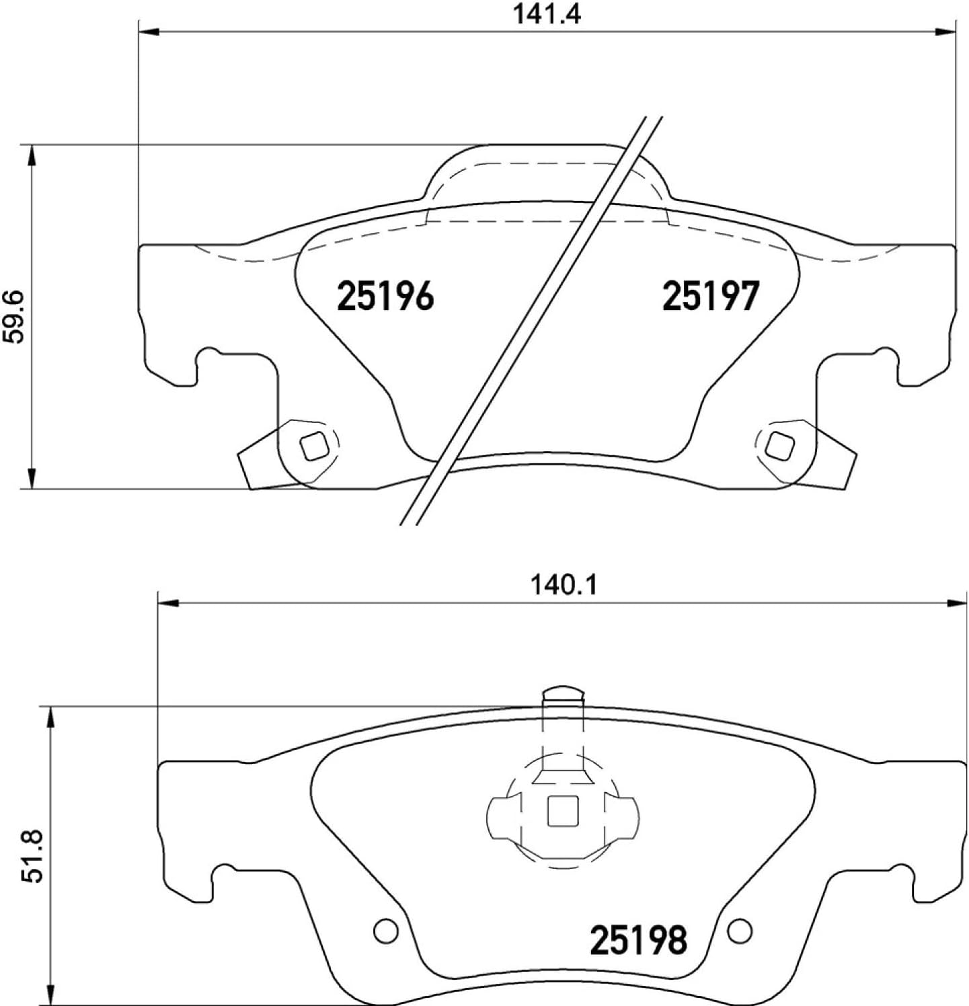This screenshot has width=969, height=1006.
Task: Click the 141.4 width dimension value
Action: (x=546, y=14)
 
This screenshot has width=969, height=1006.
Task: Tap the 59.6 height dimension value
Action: (x=14, y=316)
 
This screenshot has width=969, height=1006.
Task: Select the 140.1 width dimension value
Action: (x=564, y=585)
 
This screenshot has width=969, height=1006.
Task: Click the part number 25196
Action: (x=385, y=297)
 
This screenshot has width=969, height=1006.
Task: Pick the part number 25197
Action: (x=711, y=297)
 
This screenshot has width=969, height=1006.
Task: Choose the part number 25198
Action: (x=638, y=940)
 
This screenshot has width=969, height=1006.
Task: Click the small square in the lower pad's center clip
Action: (x=563, y=810)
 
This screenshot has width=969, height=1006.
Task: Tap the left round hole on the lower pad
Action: (x=386, y=931)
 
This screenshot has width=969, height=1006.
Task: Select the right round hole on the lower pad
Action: (x=740, y=931)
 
